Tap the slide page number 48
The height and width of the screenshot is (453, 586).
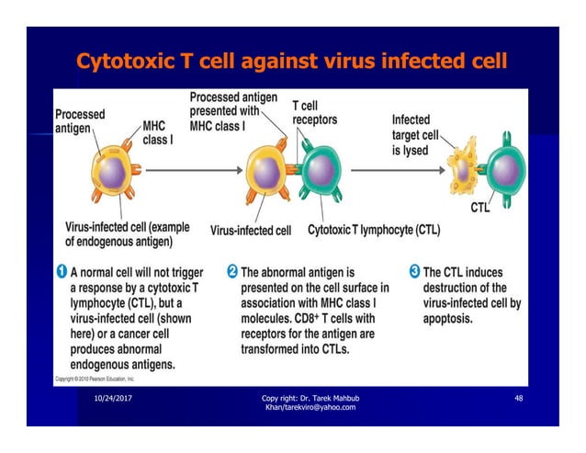tap(518, 397)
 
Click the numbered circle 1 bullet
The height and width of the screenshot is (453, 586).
tap(62, 272)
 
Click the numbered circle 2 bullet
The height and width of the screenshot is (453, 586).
tap(232, 272)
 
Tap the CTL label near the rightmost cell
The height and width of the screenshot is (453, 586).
tap(480, 209)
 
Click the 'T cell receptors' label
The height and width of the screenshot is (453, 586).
tap(314, 113)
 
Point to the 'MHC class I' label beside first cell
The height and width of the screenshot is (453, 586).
tap(157, 132)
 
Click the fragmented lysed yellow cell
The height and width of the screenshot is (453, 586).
tap(461, 171)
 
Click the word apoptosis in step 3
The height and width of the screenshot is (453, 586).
tap(447, 320)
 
